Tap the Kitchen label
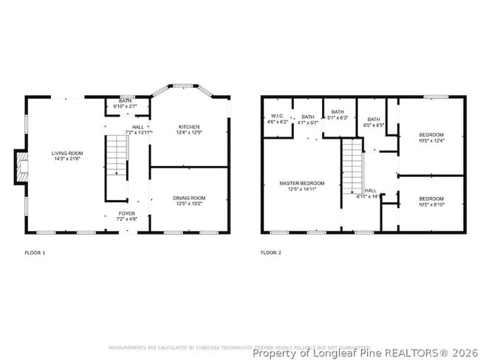point(189,130)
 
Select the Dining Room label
point(189,200)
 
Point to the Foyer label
point(127,216)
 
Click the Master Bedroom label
point(301,185)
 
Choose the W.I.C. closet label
point(277,119)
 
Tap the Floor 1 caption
point(35,253)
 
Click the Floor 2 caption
point(271,253)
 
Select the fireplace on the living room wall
point(22,167)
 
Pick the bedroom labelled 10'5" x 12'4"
point(431,137)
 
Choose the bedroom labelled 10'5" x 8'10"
point(431,201)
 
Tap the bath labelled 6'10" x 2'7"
point(126,105)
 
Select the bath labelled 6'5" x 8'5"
point(374,122)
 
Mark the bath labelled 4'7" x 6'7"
point(307,120)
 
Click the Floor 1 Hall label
point(138,130)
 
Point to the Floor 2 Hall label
point(369,193)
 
